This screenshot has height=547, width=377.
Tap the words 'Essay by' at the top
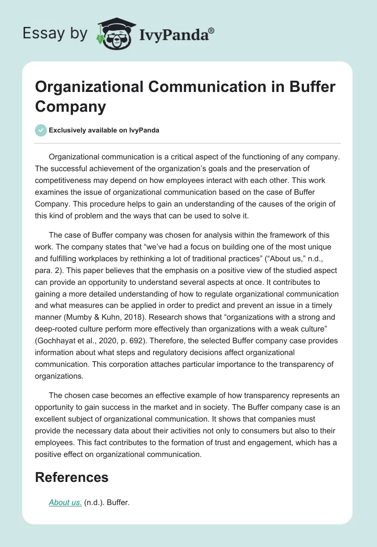click(x=56, y=33)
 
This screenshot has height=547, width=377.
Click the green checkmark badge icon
click(x=41, y=130)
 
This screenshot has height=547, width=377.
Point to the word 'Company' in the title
click(x=70, y=106)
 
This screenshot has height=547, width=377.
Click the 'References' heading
click(x=72, y=477)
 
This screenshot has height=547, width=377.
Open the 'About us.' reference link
click(x=66, y=502)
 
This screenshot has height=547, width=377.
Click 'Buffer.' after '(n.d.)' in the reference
click(x=118, y=502)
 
